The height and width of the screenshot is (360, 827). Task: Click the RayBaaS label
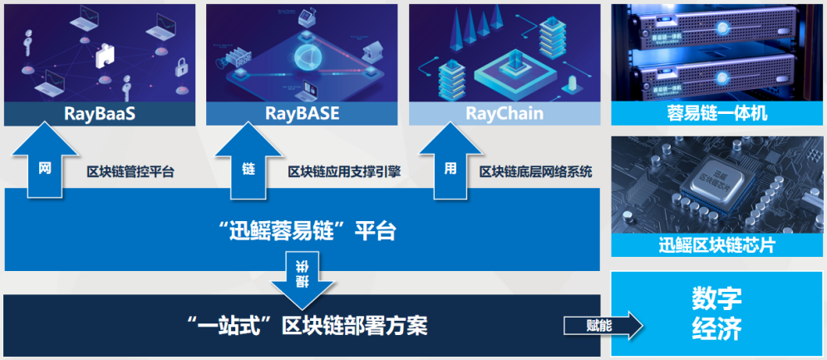tap(99, 113)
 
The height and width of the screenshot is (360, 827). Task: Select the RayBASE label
tap(302, 113)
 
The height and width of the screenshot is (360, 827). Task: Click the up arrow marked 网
tap(47, 163)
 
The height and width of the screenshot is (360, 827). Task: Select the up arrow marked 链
tap(249, 163)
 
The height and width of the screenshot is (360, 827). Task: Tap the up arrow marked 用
tap(450, 163)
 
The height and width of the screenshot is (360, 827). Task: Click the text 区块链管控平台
tap(130, 172)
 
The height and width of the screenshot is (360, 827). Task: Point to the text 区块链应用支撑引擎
tap(344, 172)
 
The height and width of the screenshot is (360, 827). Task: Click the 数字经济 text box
tap(716, 314)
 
